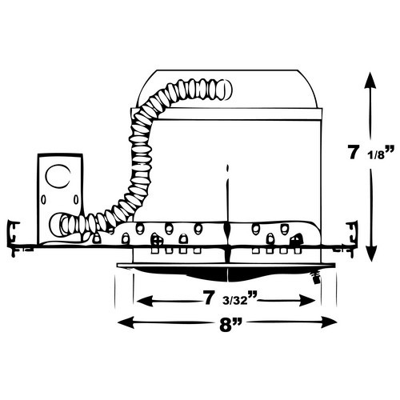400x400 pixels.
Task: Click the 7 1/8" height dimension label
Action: (x=371, y=154)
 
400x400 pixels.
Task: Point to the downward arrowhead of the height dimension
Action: (x=370, y=253)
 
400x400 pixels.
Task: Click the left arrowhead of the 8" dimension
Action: (x=126, y=322)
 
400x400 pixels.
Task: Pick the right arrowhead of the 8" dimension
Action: (x=329, y=322)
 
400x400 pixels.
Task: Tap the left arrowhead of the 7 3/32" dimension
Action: (x=145, y=300)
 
